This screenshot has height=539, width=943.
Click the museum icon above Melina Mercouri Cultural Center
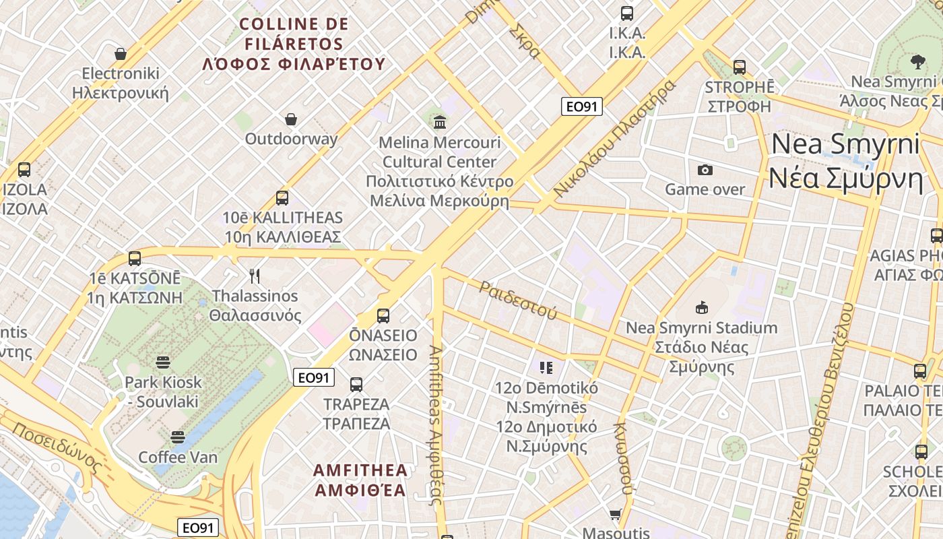pos(440,122)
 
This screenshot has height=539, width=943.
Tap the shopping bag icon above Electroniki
pos(121,53)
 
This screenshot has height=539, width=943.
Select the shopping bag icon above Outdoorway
pos(291,119)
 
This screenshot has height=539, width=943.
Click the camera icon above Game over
pos(705,170)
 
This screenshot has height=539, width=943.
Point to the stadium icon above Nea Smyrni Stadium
pos(702,308)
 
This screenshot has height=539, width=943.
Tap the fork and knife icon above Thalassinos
pos(255,276)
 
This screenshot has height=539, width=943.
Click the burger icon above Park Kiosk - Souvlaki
pos(163,362)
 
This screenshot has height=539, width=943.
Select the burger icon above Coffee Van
pos(178,437)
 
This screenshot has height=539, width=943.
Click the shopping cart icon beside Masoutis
pos(615,515)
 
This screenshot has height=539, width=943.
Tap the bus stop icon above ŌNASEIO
pos(383,315)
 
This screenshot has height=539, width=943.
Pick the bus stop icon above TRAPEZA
pos(356,385)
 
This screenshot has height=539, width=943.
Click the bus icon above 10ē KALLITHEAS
pos(282,198)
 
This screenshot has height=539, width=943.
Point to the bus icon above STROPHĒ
pos(740,67)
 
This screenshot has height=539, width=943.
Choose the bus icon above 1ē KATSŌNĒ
pos(135,259)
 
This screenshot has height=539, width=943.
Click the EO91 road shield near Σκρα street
pos(582,106)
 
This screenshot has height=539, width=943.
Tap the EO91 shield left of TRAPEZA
pos(315,377)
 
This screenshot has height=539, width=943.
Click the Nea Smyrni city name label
pos(845,161)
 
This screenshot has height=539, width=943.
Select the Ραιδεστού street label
pos(518,300)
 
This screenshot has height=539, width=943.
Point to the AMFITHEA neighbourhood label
pos(360,480)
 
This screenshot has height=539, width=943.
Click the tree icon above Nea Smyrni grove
pos(917,62)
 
